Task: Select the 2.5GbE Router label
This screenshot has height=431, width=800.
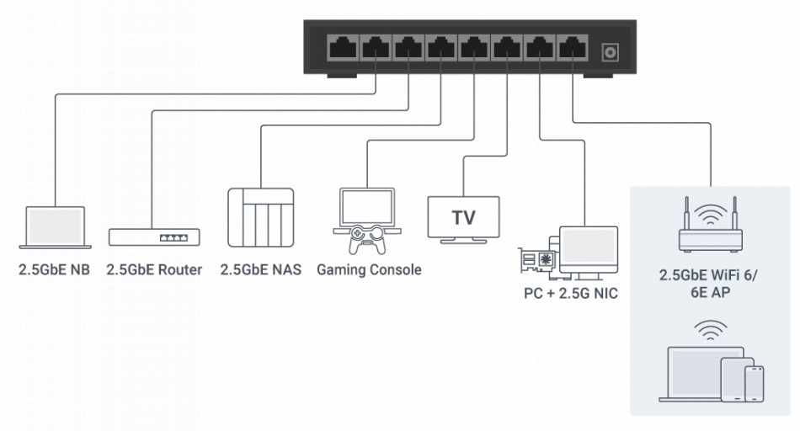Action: tap(154, 270)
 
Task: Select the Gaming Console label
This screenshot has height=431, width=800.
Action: tap(369, 270)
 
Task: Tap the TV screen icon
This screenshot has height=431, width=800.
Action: tap(463, 217)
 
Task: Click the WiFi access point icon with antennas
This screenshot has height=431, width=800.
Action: tap(712, 227)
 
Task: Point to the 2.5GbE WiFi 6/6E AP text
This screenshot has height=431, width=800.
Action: tap(712, 282)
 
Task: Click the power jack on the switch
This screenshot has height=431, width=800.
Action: tap(609, 53)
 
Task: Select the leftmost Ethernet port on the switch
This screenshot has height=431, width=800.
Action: tap(344, 47)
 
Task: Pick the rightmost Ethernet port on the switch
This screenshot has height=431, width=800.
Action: tap(573, 47)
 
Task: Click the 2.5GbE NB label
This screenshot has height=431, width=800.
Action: tap(55, 270)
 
